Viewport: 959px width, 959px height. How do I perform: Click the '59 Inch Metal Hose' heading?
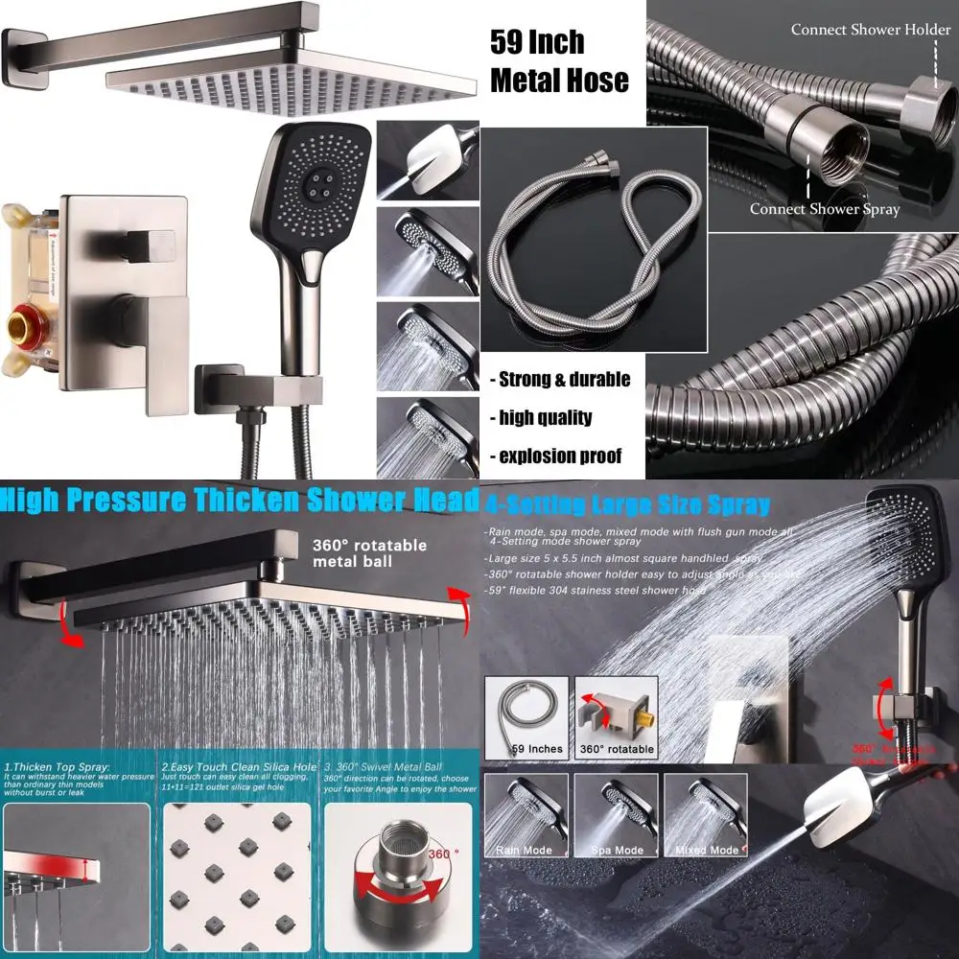pyautogui.click(x=559, y=61)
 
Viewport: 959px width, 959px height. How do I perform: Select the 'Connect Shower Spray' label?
pyautogui.click(x=824, y=209)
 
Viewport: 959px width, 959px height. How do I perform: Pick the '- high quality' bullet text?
pyautogui.click(x=545, y=417)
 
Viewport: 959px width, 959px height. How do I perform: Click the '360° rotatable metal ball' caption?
pyautogui.click(x=369, y=552)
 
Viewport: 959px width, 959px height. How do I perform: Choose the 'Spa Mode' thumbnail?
pyautogui.click(x=615, y=815)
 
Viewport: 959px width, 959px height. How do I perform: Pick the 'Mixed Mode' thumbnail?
pyautogui.click(x=705, y=815)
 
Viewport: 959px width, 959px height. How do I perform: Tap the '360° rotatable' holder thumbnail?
pyautogui.click(x=617, y=716)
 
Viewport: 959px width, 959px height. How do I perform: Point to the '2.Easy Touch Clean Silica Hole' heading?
pyautogui.click(x=238, y=767)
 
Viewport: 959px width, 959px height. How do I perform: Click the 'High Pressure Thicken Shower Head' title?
pyautogui.click(x=240, y=501)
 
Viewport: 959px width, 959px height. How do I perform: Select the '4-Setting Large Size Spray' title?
pyautogui.click(x=628, y=505)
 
